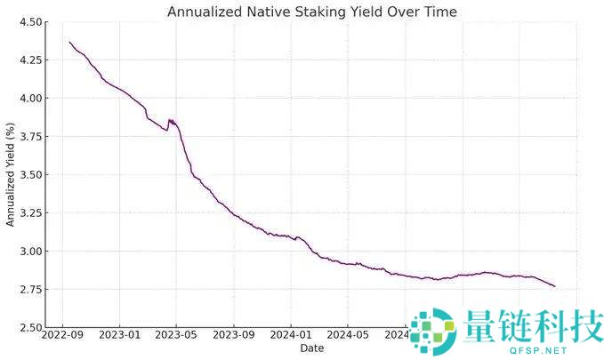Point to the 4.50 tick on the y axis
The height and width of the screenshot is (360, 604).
[x=32, y=22]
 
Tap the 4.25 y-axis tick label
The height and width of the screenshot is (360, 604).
[x=32, y=60]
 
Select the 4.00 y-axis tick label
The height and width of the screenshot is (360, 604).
[x=32, y=99]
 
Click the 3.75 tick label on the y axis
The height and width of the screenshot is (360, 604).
[x=32, y=137]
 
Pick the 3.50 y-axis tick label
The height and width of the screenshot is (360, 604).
[x=32, y=175]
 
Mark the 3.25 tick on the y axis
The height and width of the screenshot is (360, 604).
[x=32, y=213]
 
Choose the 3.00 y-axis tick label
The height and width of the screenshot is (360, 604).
[x=32, y=252]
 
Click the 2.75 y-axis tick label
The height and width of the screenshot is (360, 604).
[x=32, y=290]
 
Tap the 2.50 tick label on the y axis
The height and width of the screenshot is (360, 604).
[x=32, y=328]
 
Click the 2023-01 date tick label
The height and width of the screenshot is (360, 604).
[x=119, y=336]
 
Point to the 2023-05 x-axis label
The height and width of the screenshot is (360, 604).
[x=176, y=336]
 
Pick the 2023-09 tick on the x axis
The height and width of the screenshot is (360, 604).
[x=233, y=336]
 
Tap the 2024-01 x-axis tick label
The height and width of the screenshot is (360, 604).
[x=290, y=336]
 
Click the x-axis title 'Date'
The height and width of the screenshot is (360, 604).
[x=311, y=348]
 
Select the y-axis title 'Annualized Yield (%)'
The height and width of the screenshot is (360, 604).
[x=11, y=175]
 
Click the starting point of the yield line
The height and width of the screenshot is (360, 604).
[x=69, y=42]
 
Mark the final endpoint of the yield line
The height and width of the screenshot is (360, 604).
[x=554, y=286]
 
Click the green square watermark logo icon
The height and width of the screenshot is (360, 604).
[x=431, y=326]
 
